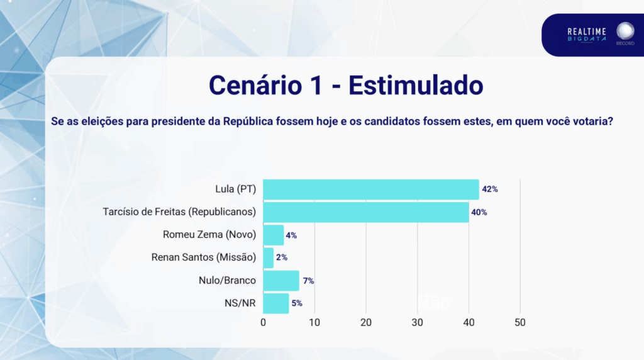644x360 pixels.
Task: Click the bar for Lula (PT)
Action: [x=370, y=189]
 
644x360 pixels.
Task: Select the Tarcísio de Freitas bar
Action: [x=365, y=212]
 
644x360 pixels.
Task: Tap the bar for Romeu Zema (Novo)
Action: [x=273, y=235]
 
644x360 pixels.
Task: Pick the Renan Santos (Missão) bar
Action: [x=268, y=258]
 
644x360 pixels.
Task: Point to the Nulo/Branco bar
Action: [x=280, y=281]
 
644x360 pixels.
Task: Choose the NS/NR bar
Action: [x=275, y=303]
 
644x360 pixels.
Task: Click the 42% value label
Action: [x=490, y=189]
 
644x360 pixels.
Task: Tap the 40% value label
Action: [x=479, y=212]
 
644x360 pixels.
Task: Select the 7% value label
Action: [x=308, y=281]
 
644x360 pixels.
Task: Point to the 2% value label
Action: [x=282, y=258]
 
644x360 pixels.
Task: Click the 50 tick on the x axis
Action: [x=519, y=322]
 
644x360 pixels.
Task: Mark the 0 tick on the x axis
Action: [x=263, y=322]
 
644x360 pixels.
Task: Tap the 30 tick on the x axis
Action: [x=417, y=322]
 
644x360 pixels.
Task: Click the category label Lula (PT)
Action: [x=235, y=189]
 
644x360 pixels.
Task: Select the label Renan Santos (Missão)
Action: [x=204, y=258]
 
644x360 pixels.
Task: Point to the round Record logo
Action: [x=625, y=32]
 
